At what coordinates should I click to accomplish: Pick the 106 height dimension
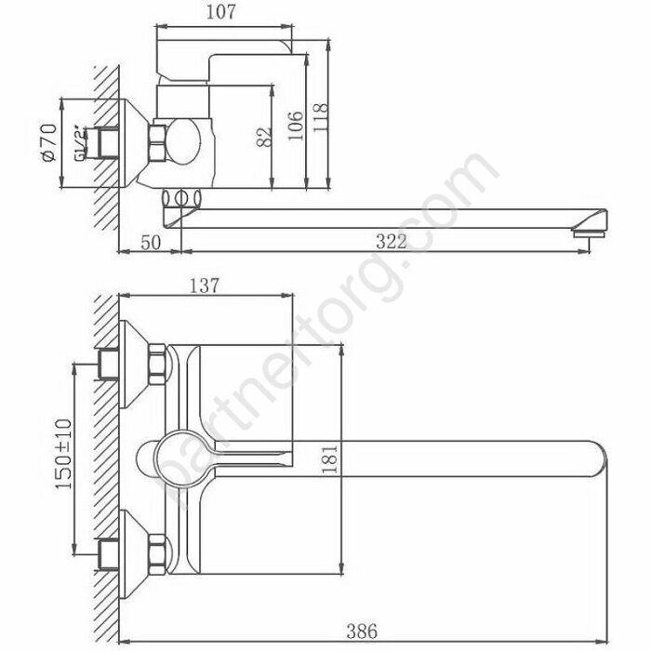tap(297, 123)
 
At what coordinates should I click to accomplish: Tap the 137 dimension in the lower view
tap(204, 286)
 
